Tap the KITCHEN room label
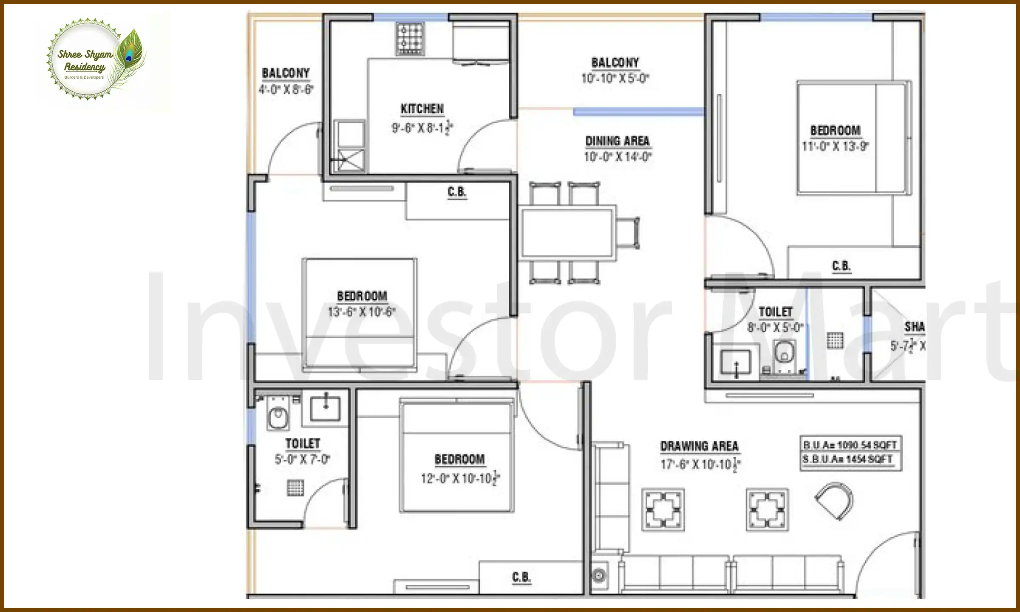point(422,109)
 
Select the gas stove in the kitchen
point(410,39)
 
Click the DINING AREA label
point(617,141)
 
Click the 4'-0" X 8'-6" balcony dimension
point(286,89)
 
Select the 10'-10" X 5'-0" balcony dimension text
point(615,78)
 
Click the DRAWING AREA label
point(699,446)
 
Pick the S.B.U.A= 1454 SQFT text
point(847,459)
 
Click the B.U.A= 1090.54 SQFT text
point(850,445)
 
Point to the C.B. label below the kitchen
point(457,192)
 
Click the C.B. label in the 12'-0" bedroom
point(521,577)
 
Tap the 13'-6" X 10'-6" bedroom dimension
point(362,312)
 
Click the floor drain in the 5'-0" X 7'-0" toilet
point(295,487)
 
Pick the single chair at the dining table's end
point(628,233)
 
